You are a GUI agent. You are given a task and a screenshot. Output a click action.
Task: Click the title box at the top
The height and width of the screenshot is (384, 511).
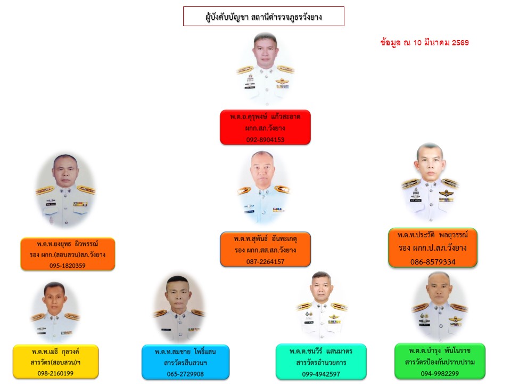click(263, 17)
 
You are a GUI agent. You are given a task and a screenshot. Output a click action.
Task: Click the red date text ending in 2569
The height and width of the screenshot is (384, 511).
click(425, 43)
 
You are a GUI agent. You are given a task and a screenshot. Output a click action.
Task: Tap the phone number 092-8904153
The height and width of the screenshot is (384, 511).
click(265, 140)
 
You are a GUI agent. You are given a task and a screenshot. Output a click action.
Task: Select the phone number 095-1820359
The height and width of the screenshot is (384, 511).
click(68, 266)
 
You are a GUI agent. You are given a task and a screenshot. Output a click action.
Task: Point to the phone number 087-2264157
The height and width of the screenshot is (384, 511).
click(265, 261)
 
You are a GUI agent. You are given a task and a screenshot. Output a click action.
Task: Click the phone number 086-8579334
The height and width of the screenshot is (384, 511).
click(433, 261)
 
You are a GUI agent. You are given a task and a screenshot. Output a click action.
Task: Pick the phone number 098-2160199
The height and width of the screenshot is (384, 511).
click(55, 373)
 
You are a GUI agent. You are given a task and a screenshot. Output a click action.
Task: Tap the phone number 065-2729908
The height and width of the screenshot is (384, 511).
click(185, 374)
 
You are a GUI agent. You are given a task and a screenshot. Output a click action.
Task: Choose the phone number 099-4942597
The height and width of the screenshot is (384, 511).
click(321, 374)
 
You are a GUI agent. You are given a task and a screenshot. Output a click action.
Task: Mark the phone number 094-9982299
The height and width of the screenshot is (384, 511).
click(440, 373)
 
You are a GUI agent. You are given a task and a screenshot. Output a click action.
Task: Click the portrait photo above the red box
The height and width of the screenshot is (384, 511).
click(265, 69)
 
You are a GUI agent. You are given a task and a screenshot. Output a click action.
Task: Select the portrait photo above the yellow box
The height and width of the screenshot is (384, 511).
click(55, 312)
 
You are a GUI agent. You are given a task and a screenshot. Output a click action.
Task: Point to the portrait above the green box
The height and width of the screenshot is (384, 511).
click(439, 307)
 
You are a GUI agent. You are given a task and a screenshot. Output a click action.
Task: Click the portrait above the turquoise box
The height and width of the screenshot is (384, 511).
click(322, 306)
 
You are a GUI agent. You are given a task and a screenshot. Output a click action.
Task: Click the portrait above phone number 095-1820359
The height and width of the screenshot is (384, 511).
click(65, 191)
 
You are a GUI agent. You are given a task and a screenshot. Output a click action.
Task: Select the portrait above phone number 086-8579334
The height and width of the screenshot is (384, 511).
click(430, 183)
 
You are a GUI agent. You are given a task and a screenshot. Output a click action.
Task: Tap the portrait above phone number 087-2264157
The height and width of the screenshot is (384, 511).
click(263, 187)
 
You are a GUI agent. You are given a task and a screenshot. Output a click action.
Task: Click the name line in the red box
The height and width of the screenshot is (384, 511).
click(265, 117)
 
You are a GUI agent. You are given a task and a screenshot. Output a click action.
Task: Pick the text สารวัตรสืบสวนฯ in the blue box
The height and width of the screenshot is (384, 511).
click(185, 363)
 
